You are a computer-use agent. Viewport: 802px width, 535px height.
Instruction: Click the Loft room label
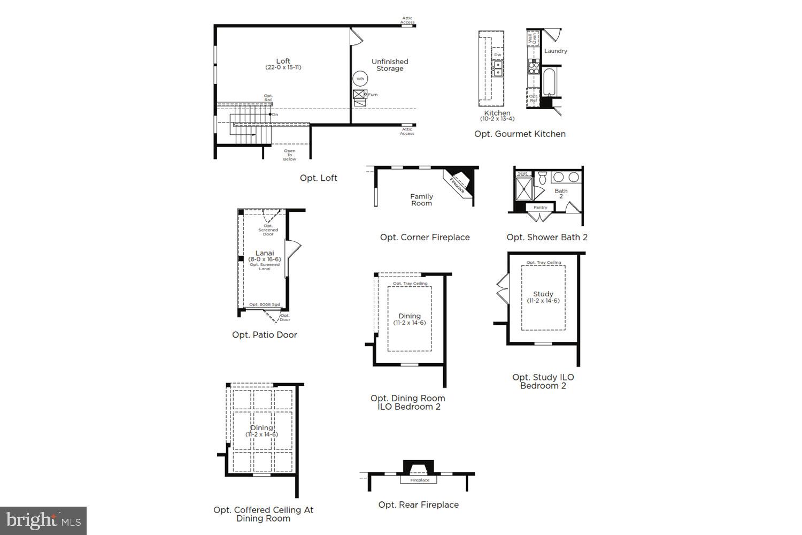[x=283, y=61]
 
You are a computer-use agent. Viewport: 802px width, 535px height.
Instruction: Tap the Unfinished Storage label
[x=390, y=65]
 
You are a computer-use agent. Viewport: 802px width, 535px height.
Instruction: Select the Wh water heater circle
[x=360, y=79]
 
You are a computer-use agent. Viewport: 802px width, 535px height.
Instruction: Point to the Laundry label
[x=556, y=51]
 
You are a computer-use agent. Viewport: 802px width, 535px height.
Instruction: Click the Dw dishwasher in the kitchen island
[x=498, y=55]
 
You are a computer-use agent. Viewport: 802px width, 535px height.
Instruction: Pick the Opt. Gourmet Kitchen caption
[x=520, y=134]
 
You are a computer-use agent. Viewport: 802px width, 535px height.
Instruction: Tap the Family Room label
[x=421, y=200]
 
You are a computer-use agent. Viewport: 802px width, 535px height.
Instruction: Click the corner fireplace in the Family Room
[x=459, y=181]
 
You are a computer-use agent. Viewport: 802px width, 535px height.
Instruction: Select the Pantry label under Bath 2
[x=540, y=207]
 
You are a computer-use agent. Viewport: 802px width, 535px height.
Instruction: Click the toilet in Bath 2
[x=542, y=177]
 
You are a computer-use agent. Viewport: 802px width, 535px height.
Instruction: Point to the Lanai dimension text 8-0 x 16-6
[x=265, y=259]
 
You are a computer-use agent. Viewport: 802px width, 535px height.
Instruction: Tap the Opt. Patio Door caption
[x=265, y=334]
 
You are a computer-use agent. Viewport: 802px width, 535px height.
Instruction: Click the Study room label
[x=543, y=294]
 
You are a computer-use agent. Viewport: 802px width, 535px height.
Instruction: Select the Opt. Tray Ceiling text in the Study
[x=543, y=263]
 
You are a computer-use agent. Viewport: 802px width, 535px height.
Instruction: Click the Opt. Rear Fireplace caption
[x=418, y=505]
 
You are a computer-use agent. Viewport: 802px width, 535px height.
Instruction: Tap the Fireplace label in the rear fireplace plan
[x=420, y=480]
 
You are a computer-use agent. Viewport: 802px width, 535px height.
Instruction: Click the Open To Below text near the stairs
[x=289, y=155]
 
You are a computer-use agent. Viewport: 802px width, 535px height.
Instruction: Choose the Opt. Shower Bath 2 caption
[x=547, y=237]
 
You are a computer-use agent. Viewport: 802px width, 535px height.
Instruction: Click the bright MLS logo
[x=43, y=521]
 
